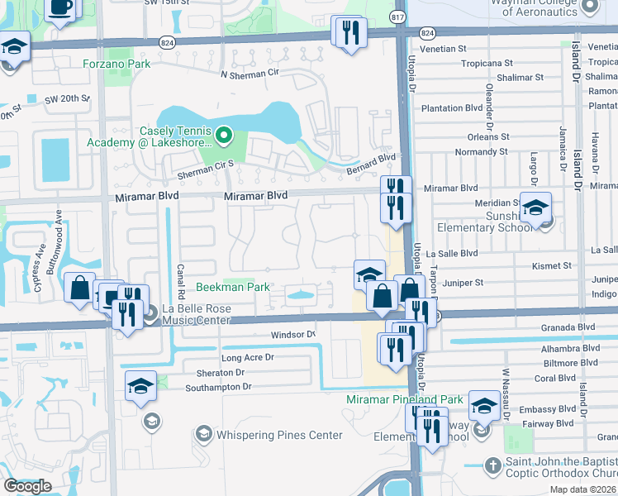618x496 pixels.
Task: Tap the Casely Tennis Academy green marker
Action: (222, 135)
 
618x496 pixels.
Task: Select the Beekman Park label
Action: (233, 287)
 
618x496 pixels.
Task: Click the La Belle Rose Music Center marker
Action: (150, 313)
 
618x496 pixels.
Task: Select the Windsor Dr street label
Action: (293, 335)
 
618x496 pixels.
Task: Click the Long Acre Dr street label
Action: (247, 358)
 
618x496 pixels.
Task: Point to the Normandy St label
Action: (481, 152)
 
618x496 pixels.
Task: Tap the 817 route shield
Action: (398, 16)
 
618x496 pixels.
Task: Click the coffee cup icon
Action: (60, 8)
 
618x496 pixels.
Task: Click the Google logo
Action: (27, 486)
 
